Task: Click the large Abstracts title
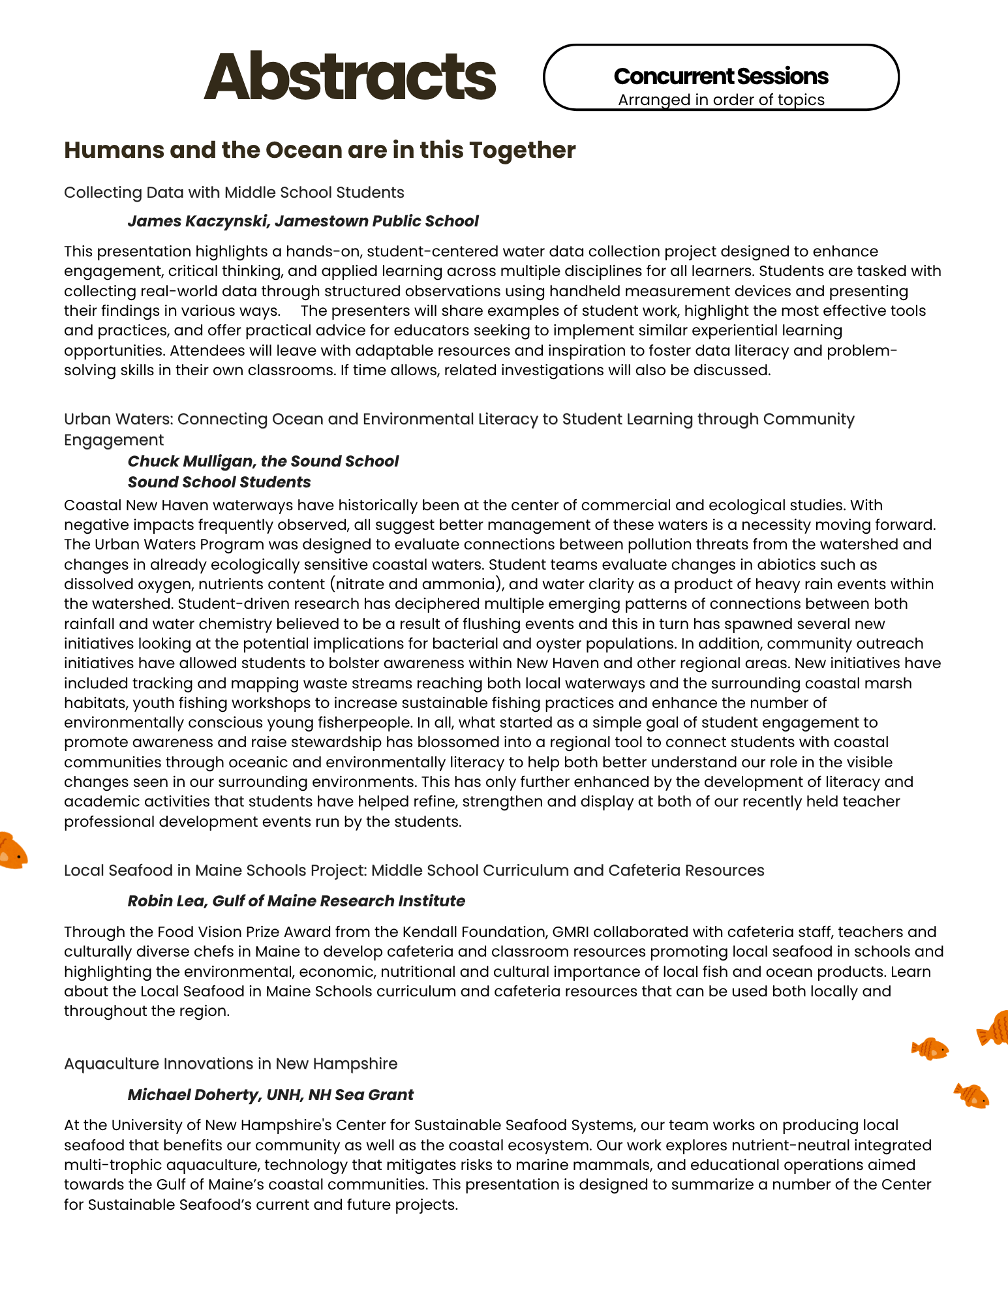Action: [350, 77]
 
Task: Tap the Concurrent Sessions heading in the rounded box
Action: [721, 76]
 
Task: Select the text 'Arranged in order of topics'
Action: [721, 100]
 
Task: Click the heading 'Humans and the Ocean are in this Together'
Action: [320, 150]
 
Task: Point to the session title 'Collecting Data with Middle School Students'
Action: [234, 192]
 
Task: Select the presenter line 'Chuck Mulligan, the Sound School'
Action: [263, 461]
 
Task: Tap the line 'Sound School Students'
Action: [219, 482]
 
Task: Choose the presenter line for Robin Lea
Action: [296, 901]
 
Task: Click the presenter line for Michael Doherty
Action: [270, 1095]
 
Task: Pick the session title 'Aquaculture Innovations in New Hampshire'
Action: [230, 1064]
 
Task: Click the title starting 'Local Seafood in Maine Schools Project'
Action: [414, 870]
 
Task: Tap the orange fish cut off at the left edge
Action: [11, 851]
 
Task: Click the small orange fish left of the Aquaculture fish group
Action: [930, 1049]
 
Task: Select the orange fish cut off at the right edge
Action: [994, 1028]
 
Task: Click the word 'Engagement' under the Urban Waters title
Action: [114, 440]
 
